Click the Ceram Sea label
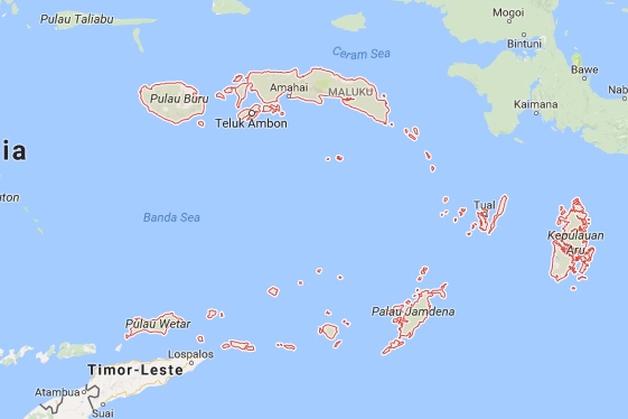(x=361, y=53)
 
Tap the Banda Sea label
(x=172, y=217)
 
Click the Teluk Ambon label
(x=251, y=124)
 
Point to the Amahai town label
(x=289, y=87)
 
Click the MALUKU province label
(x=351, y=92)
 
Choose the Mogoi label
(x=508, y=12)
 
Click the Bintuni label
(x=524, y=44)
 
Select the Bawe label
(x=585, y=69)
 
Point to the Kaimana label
(x=535, y=104)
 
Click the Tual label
(x=484, y=205)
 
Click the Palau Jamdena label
(x=413, y=312)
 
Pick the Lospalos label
(x=192, y=355)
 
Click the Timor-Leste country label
(x=136, y=370)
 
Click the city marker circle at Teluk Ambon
(x=252, y=113)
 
